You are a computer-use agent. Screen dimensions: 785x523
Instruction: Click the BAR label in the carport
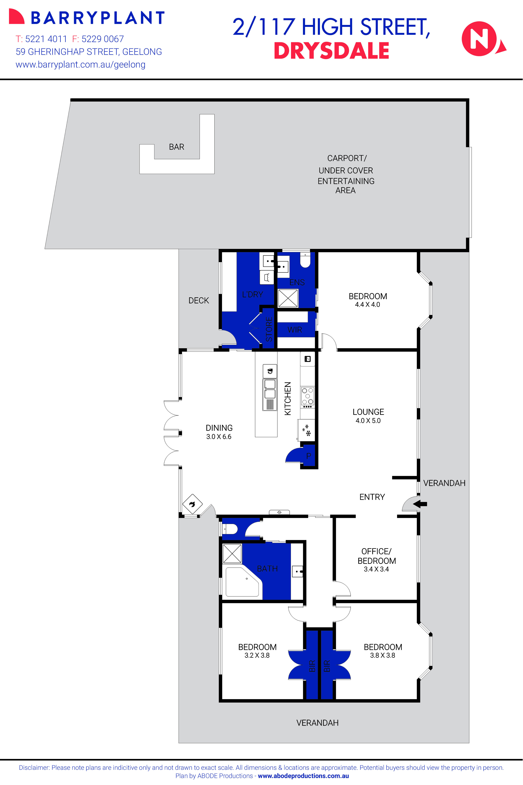pos(176,147)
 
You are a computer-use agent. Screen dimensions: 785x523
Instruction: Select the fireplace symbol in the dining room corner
pos(192,504)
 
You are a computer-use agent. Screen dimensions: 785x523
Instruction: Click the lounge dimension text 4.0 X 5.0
pos(368,421)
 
